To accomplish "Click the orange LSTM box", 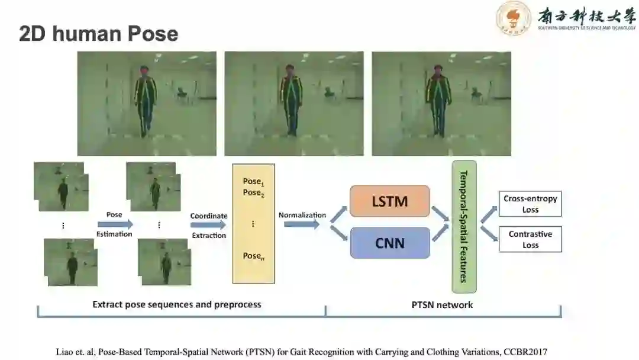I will [389, 201].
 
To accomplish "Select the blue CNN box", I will [389, 243].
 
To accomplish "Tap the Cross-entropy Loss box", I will [530, 204].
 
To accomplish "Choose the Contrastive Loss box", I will [530, 239].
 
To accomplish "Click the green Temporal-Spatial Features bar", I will [464, 226].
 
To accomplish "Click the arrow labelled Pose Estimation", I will [115, 224].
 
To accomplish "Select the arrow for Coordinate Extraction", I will [208, 225].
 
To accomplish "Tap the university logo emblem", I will [513, 18].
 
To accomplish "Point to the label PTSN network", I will [442, 304].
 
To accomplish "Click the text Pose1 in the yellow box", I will [253, 182].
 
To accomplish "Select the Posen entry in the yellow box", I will [253, 256].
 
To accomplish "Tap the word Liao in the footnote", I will [67, 352].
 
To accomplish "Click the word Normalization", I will [302, 215].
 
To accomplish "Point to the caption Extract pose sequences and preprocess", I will [176, 304].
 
